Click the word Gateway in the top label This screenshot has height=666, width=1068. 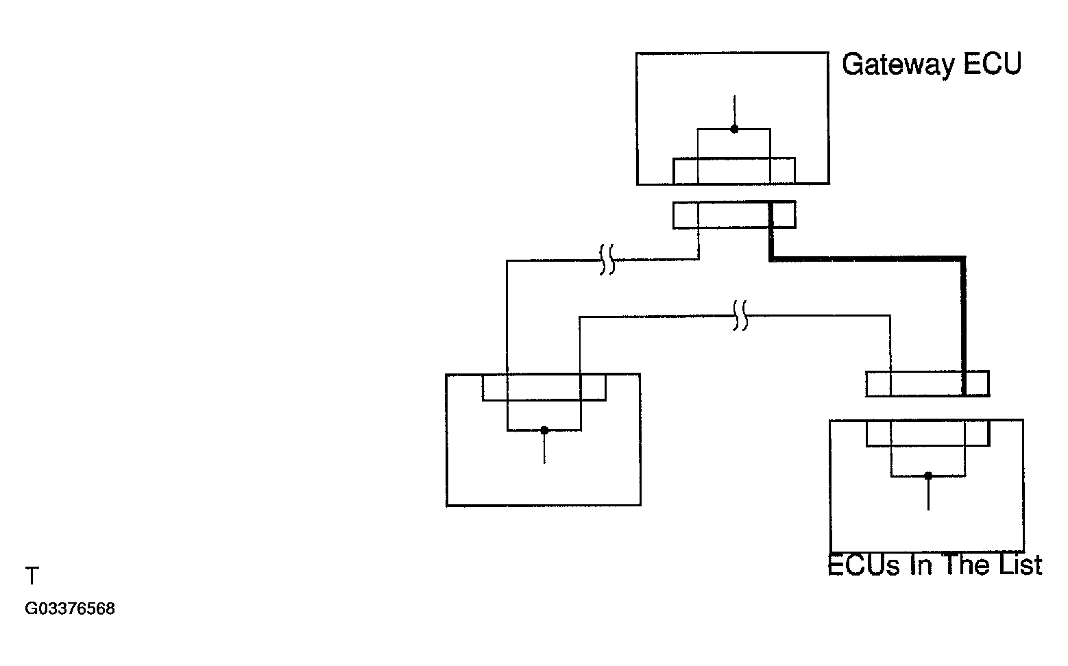pos(898,65)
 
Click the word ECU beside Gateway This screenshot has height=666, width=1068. pos(992,64)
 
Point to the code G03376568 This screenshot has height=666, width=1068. pos(70,609)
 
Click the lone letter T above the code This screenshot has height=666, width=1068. pos(32,576)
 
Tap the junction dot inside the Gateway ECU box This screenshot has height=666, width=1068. pos(734,129)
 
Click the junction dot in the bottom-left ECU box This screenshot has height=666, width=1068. pos(544,430)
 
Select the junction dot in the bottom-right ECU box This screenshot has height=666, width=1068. pos(928,476)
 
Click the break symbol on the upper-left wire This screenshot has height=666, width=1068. pos(607,260)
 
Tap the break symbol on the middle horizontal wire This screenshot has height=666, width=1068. pos(740,316)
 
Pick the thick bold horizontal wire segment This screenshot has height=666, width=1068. pos(867,259)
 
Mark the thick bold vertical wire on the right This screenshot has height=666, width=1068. pos(964,326)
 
